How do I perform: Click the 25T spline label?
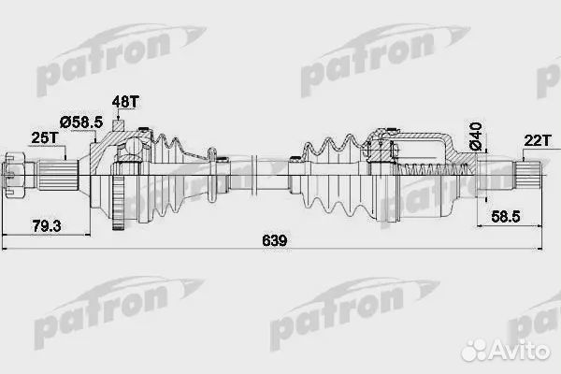pos(44,138)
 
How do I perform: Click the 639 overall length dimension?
pos(273,241)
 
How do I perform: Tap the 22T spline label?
pos(536,139)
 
